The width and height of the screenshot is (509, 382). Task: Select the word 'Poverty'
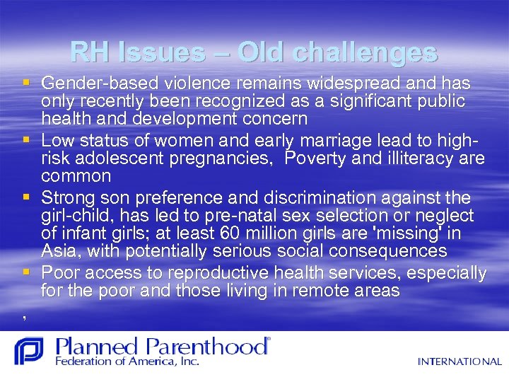point(312,157)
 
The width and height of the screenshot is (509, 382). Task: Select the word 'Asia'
point(57,251)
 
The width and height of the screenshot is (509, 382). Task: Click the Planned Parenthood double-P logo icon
point(29,351)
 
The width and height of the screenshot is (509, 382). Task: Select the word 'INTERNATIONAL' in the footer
point(460,361)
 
